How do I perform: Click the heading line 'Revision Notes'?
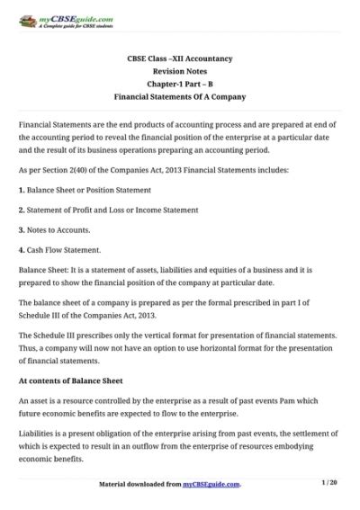click(180, 69)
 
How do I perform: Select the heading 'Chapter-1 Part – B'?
click(180, 82)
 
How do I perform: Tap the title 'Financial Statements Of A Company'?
click(180, 94)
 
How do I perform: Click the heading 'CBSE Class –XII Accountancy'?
click(180, 58)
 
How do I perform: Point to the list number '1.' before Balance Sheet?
click(22, 191)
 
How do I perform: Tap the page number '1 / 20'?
click(329, 483)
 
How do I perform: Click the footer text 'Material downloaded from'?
click(139, 484)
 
